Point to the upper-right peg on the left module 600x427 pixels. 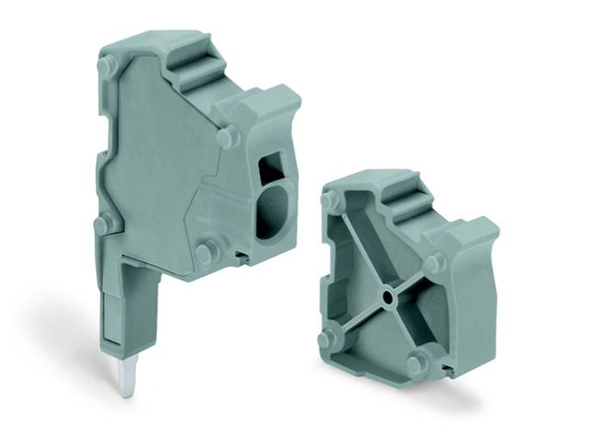[x=226, y=137]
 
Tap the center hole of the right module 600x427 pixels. [x=388, y=298]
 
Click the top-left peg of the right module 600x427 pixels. [x=330, y=201]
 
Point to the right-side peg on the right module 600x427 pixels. [x=435, y=263]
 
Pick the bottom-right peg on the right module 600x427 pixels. [x=415, y=362]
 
